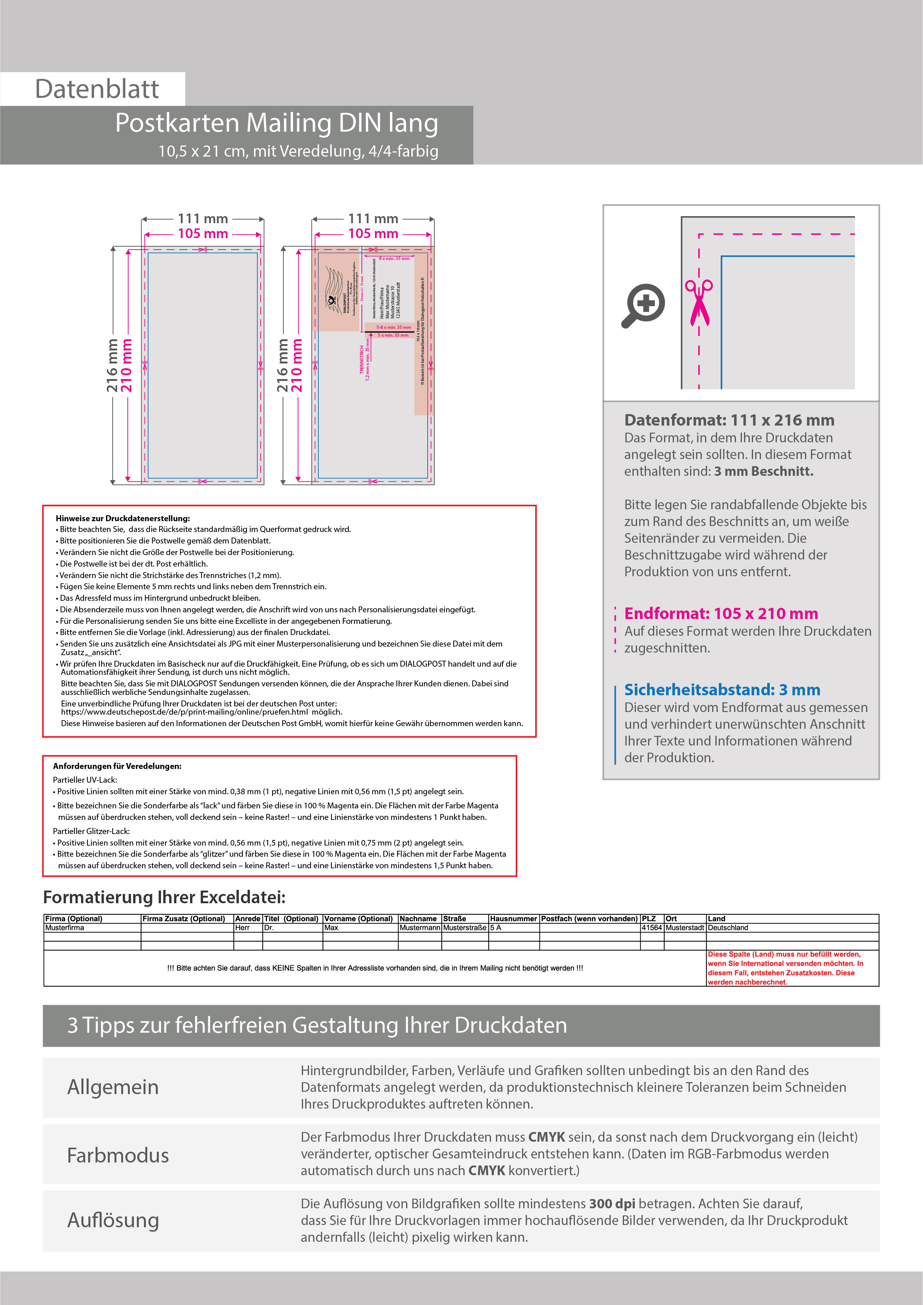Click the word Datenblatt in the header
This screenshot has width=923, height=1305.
point(97,89)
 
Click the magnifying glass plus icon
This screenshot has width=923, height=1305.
point(643,305)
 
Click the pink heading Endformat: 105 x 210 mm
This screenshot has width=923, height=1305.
point(721,613)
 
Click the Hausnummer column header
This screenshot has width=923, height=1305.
point(513,918)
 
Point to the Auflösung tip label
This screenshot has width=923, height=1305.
point(113,1220)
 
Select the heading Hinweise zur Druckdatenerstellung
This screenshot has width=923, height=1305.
point(123,518)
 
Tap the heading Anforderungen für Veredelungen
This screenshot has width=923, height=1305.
point(117,766)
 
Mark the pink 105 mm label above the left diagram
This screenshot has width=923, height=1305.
point(203,234)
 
